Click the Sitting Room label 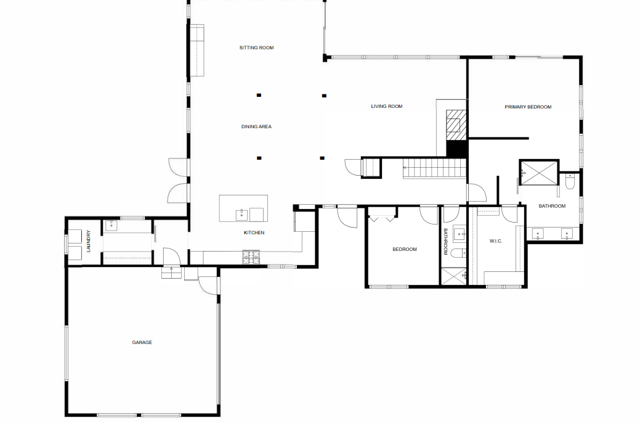click(256, 47)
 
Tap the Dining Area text click(256, 127)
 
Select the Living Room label click(386, 107)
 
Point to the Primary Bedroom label click(528, 107)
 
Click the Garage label click(142, 342)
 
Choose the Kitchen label click(254, 232)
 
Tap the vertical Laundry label click(89, 241)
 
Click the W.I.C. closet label click(496, 241)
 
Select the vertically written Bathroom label click(446, 242)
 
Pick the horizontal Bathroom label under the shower click(552, 206)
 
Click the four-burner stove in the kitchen click(251, 257)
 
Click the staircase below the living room click(434, 168)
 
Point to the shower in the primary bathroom click(539, 173)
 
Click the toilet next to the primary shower click(570, 181)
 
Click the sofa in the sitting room click(196, 51)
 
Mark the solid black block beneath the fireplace click(457, 149)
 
